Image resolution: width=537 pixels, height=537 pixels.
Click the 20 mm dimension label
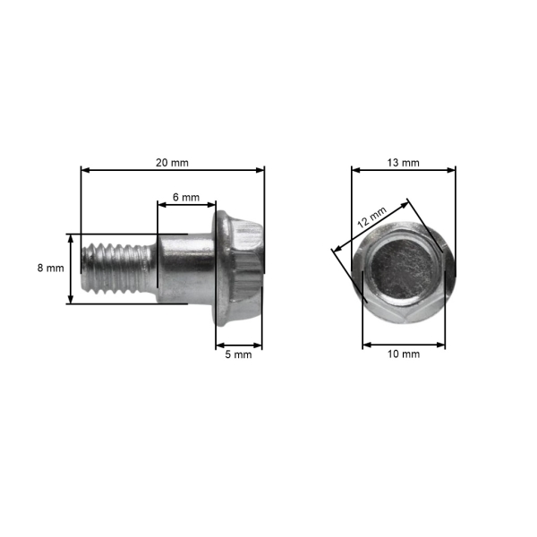(x=172, y=163)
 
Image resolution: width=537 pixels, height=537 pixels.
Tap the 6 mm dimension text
(x=186, y=197)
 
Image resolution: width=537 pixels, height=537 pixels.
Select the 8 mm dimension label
(x=51, y=268)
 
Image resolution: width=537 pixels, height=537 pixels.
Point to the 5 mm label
(x=238, y=354)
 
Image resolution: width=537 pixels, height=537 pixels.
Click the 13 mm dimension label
(x=403, y=163)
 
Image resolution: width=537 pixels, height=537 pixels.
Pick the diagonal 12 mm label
(x=372, y=217)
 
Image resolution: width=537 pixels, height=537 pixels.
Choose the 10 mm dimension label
(x=404, y=354)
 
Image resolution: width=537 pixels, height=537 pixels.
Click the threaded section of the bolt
(x=118, y=268)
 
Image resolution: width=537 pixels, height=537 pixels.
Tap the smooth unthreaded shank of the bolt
(x=185, y=268)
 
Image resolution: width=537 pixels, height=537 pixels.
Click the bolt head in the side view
(x=238, y=268)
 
